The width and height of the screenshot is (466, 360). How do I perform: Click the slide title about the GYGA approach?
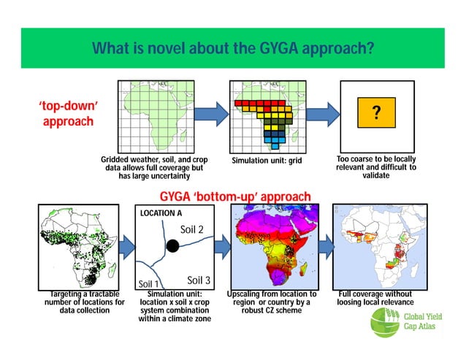233,49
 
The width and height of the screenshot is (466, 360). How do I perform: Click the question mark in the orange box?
375,113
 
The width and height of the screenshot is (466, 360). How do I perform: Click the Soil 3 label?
199,280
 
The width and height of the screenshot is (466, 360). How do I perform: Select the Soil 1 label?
149,283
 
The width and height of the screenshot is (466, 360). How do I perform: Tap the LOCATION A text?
161,213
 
